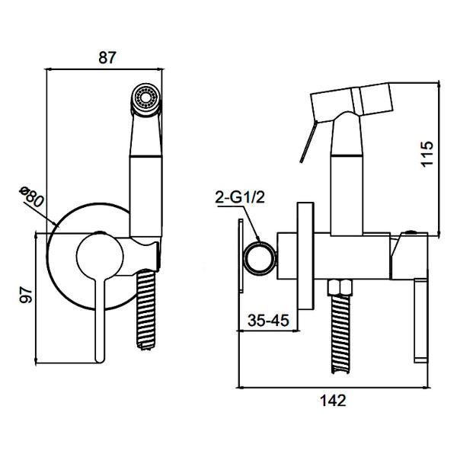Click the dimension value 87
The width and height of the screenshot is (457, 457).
point(107,57)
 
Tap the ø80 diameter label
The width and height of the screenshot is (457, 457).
point(31,197)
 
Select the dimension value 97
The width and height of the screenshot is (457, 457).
point(26,294)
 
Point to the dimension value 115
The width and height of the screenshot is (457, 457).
point(427,154)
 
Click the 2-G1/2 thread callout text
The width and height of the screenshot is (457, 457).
point(240,197)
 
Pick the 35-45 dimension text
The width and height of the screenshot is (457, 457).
point(268,320)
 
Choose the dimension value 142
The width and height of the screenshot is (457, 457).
point(333,400)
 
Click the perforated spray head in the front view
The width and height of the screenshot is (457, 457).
point(145,98)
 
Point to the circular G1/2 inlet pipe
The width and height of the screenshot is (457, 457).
point(260,258)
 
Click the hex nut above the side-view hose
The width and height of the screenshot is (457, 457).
point(340,287)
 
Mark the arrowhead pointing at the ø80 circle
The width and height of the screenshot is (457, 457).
point(56,224)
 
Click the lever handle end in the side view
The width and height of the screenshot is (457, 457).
point(421,321)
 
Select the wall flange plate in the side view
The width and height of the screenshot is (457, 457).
point(305,256)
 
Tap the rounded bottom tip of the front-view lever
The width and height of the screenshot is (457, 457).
point(100,360)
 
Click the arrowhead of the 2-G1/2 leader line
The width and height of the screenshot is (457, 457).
point(258,239)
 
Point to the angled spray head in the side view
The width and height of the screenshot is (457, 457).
point(352,101)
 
